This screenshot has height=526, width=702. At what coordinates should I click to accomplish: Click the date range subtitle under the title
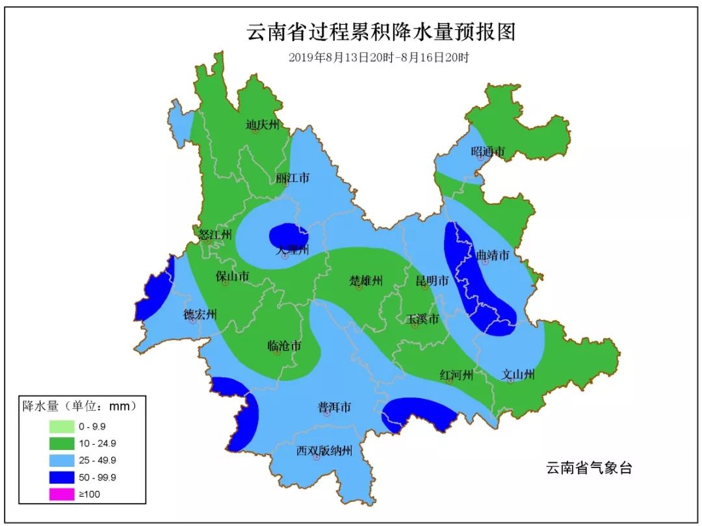click(x=379, y=57)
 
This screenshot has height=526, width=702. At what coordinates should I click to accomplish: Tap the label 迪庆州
click(x=262, y=125)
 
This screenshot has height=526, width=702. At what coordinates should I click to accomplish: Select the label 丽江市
click(x=292, y=178)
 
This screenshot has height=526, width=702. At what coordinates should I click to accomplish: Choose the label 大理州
click(x=291, y=250)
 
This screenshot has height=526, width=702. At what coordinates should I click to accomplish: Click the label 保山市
click(x=232, y=276)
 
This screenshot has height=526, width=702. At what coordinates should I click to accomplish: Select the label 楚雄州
click(x=366, y=281)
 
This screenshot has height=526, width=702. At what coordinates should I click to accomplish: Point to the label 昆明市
click(x=432, y=281)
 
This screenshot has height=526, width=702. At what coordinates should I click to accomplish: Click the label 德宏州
click(x=200, y=315)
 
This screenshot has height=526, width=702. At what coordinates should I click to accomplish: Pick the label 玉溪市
click(x=422, y=319)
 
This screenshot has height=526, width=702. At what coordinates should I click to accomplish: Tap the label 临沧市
click(x=284, y=346)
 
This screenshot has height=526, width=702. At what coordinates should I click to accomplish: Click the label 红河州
click(x=456, y=375)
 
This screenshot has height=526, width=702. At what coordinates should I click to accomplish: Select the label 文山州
click(x=518, y=375)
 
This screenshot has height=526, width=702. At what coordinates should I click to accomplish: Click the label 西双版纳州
click(x=324, y=451)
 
